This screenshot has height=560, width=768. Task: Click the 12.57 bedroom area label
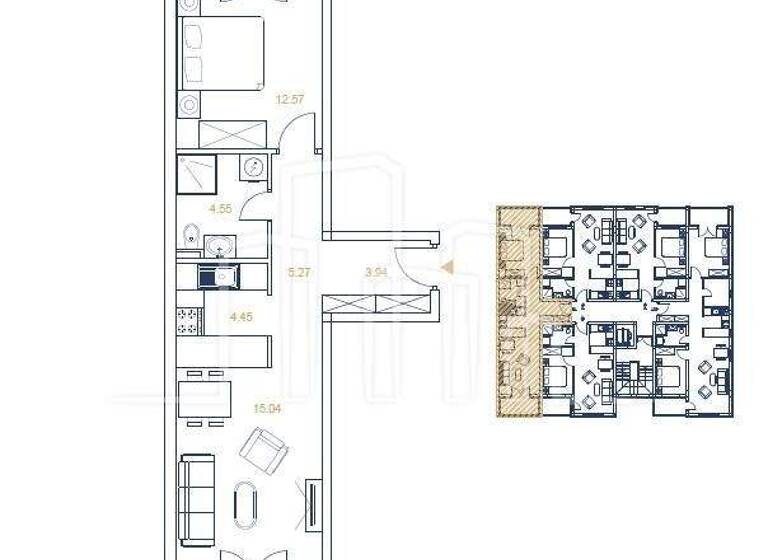click(x=288, y=97)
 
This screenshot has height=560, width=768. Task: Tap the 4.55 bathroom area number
click(x=220, y=209)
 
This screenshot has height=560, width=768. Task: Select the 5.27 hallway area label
click(x=296, y=270)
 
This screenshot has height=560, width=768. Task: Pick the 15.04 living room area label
click(x=266, y=408)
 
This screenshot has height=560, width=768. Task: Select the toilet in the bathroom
click(x=191, y=236)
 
